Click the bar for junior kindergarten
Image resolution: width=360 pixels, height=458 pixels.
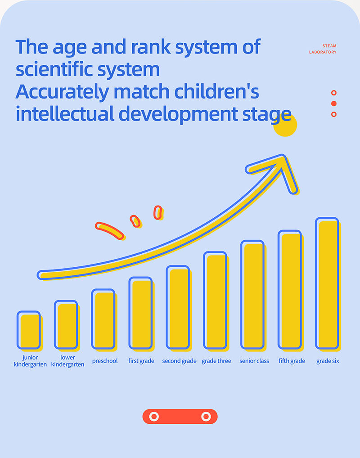click(29, 330)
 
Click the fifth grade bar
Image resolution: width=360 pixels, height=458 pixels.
click(289, 290)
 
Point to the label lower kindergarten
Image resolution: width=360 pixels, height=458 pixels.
click(67, 361)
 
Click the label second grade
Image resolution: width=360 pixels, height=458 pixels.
click(179, 361)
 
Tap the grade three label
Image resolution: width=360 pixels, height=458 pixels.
click(216, 361)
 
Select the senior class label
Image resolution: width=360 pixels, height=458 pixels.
click(254, 361)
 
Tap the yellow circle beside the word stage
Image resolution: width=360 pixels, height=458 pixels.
click(285, 126)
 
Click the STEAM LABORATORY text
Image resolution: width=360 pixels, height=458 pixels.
click(323, 49)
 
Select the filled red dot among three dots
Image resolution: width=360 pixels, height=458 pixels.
click(334, 103)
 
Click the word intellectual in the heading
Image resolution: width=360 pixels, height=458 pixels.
click(65, 114)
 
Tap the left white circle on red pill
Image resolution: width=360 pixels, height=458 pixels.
click(154, 417)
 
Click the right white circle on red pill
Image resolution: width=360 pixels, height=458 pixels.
click(206, 417)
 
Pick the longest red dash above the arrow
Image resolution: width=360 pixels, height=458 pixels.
click(109, 230)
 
